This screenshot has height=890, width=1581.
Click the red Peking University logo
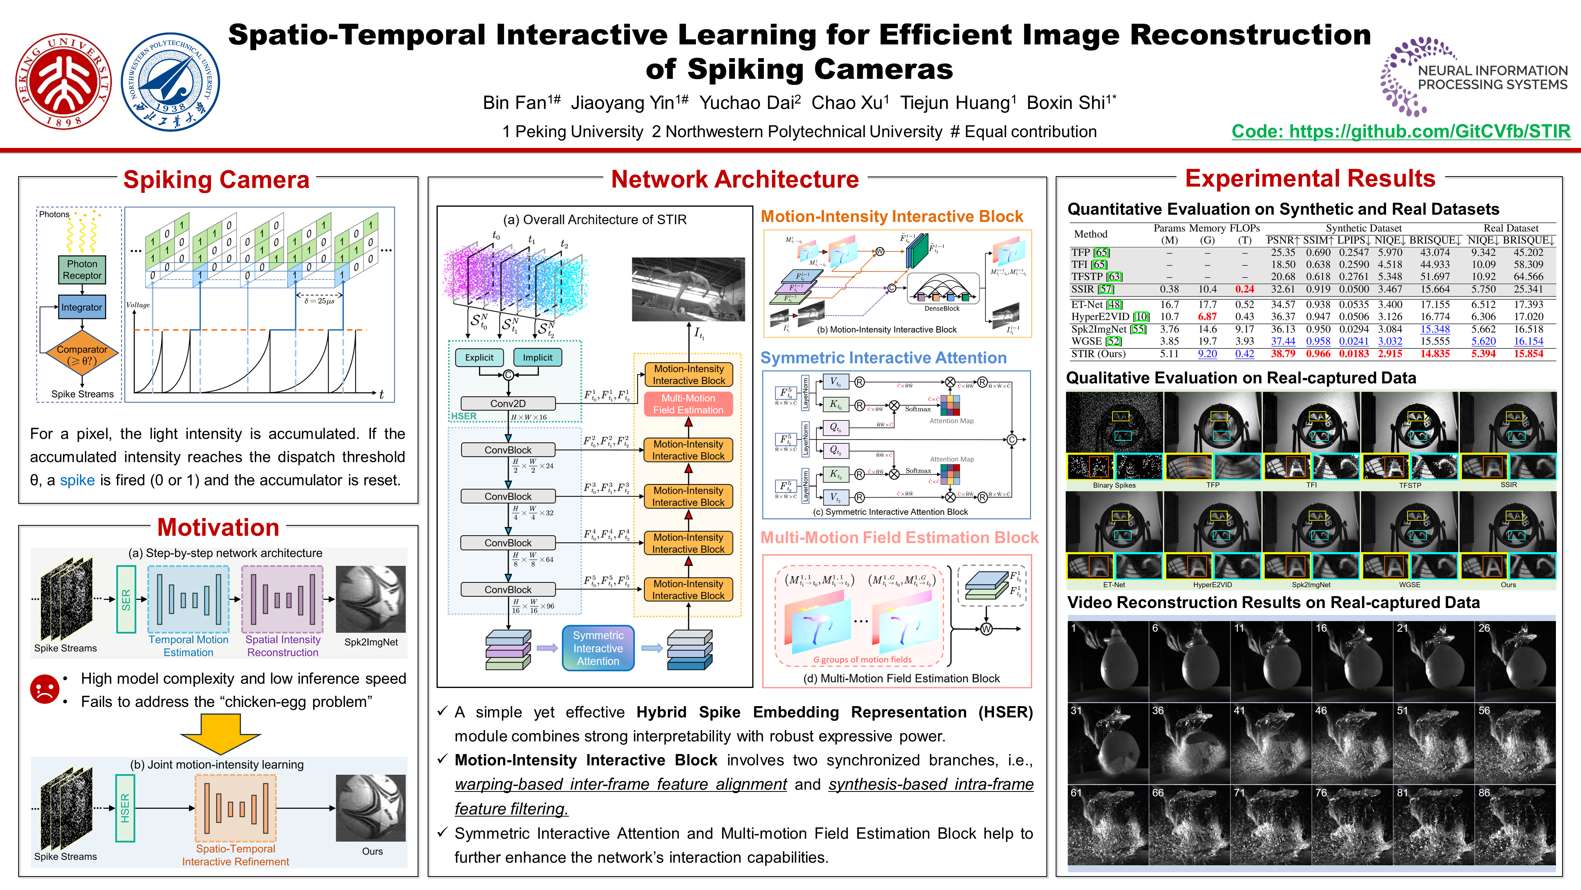pos(63,81)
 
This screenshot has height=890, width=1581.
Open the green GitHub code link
pos(1401,131)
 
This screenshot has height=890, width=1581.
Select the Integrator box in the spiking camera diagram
pos(81,307)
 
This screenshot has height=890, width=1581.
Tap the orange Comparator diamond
pos(81,354)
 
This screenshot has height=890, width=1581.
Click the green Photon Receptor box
pos(81,270)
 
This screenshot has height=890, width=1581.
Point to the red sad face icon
pos(44,689)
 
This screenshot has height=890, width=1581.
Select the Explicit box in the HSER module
pos(479,357)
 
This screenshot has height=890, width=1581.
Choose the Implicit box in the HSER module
pos(537,357)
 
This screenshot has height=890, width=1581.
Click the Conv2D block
pos(508,404)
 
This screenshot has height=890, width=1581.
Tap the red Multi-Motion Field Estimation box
pos(688,404)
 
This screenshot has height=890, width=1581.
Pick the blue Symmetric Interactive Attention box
pos(598,648)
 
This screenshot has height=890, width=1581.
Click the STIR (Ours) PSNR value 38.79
pos(1283,354)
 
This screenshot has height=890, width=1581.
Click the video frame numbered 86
pos(1515,825)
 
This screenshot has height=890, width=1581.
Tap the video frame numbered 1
pos(1108,661)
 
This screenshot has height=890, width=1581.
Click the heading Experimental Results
pos(1310,179)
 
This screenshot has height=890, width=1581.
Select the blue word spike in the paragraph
pos(77,480)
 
